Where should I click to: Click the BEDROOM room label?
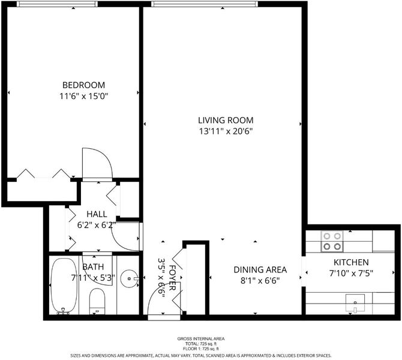tap(83, 85)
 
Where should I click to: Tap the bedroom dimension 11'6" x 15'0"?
tap(83, 96)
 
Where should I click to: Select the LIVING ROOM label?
tap(226, 120)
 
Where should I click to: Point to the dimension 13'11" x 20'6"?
tap(226, 131)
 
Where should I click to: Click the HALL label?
tap(97, 214)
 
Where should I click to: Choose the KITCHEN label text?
tap(351, 262)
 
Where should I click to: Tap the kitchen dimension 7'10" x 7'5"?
tap(351, 274)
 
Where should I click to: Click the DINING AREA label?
tap(260, 269)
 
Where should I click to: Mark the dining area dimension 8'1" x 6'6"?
tap(260, 281)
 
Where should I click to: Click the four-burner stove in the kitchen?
tap(332, 241)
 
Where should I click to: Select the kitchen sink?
tap(355, 303)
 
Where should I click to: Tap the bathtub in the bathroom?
tap(64, 286)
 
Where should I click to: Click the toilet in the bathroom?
tap(97, 301)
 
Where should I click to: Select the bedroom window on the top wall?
tap(57, 4)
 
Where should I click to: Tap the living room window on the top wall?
tap(205, 4)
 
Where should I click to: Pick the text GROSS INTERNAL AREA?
tap(201, 339)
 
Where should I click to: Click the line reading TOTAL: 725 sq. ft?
tap(201, 344)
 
